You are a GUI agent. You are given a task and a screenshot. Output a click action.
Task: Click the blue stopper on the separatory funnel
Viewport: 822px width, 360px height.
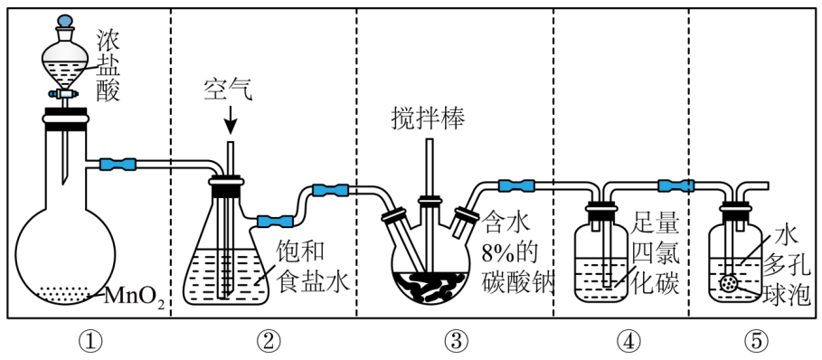[x=65, y=21]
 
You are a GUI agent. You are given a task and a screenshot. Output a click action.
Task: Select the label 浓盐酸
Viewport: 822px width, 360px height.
[x=108, y=65]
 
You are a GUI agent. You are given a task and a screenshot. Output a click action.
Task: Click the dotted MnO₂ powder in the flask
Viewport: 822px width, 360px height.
[x=65, y=293]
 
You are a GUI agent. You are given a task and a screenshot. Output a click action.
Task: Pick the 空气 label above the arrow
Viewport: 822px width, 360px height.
[x=229, y=90]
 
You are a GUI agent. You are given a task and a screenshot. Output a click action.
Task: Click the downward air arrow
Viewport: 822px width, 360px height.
[x=230, y=121]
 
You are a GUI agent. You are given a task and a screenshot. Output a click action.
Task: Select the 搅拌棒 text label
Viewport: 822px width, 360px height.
[x=428, y=119]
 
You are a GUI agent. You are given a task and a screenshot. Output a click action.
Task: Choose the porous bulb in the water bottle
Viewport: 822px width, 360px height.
[x=728, y=283]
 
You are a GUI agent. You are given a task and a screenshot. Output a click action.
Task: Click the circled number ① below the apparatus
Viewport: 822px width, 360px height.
[x=90, y=342]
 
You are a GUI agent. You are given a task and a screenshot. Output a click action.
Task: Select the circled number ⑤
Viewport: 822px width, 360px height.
[x=755, y=342]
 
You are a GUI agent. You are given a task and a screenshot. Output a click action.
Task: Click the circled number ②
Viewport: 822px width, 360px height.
[x=269, y=342]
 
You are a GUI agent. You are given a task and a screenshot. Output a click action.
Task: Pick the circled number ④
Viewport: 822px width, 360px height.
[x=629, y=342]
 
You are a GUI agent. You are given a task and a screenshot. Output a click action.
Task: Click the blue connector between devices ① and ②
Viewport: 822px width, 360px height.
[x=118, y=164]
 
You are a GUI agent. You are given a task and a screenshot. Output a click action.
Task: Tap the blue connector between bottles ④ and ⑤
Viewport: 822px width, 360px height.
[x=676, y=185]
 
